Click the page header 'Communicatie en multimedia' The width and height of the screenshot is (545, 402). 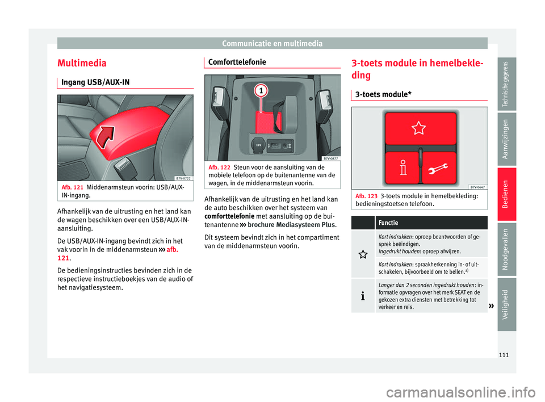(x=272, y=43)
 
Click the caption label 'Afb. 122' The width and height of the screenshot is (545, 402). (x=220, y=167)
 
